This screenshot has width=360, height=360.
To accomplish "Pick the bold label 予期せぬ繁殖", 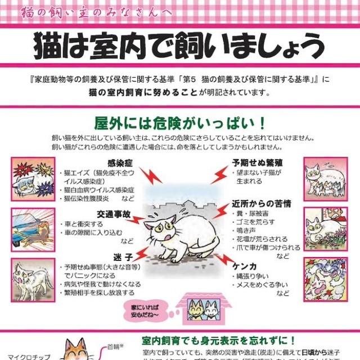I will click(x=255, y=163).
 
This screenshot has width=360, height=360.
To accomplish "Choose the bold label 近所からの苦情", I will click(x=259, y=203).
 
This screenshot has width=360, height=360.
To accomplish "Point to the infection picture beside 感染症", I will click(x=33, y=179).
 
